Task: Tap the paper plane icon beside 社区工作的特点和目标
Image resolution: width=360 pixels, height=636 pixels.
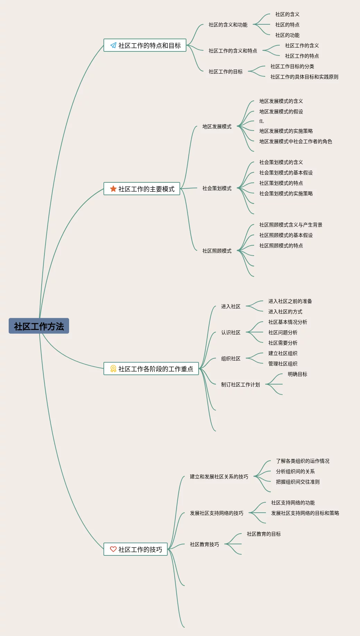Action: [113, 45]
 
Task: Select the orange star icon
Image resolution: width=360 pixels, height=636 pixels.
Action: [113, 189]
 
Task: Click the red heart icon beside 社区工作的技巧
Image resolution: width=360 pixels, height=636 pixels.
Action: [113, 549]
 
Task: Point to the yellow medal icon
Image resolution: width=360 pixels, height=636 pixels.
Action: [113, 369]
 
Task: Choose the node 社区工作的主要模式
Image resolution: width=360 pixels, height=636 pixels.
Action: [142, 189]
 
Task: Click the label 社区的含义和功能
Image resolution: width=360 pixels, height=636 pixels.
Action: [228, 25]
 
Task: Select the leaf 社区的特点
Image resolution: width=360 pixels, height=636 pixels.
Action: [287, 25]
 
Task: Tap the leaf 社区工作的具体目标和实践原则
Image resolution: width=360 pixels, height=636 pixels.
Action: [304, 77]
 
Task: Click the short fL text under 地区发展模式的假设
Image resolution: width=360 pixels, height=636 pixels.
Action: [262, 121]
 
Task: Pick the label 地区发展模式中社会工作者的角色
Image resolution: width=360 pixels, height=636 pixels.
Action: [296, 141]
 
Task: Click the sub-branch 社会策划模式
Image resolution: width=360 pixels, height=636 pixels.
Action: [217, 188]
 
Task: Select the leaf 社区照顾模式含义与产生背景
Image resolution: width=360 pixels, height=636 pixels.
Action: [291, 225]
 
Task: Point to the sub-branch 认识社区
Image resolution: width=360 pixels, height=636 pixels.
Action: [231, 332]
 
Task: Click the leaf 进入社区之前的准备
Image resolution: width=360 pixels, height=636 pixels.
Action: [290, 301]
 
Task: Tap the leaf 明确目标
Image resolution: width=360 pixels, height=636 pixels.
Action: [298, 374]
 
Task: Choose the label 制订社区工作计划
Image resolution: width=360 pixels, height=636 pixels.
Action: [241, 385]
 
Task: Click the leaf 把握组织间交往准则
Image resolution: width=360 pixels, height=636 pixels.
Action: [298, 482]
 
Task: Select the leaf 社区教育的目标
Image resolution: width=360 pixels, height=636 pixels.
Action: [264, 534]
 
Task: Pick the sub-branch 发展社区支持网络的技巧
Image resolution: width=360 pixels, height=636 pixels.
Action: [217, 513]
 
